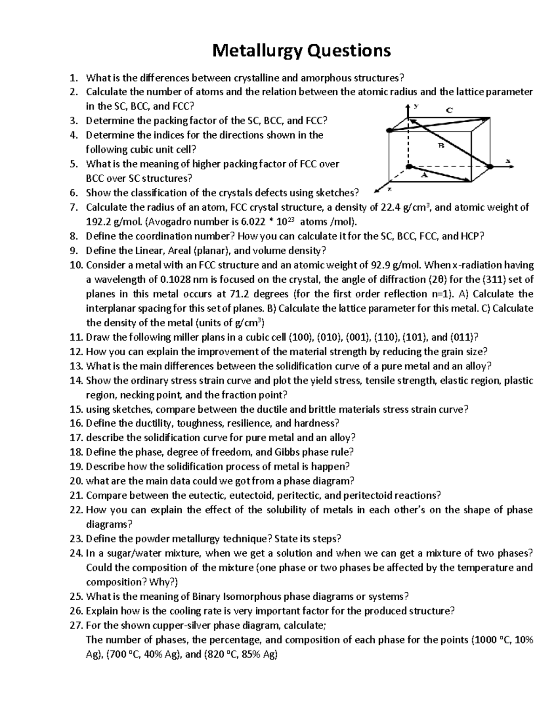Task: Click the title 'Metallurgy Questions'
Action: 301,50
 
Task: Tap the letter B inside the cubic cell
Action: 441,146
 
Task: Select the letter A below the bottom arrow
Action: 424,176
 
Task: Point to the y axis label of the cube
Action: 417,106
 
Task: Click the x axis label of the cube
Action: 508,161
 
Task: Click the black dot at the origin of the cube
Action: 408,166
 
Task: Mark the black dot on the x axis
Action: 490,166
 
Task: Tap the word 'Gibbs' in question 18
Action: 287,452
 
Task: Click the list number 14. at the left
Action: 76,380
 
